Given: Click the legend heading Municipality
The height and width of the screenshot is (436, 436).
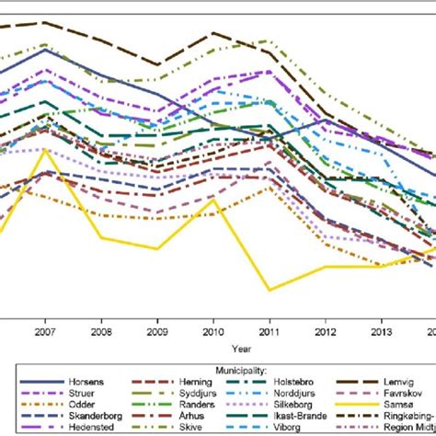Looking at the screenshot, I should (218, 367).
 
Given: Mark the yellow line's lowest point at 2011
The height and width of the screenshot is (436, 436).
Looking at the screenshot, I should (270, 290).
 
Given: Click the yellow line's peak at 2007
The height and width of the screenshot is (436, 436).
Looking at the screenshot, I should (44, 150).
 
